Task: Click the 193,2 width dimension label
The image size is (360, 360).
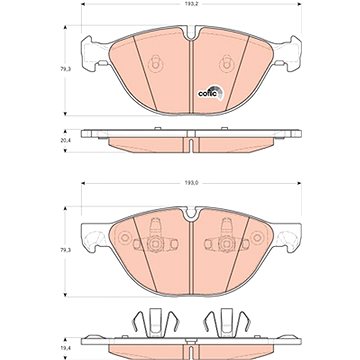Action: point(191,4)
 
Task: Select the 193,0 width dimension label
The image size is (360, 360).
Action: point(191,183)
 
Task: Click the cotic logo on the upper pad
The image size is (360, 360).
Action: point(211,92)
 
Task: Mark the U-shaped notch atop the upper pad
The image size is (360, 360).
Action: point(191,33)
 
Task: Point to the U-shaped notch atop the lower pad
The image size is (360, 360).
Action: point(191,213)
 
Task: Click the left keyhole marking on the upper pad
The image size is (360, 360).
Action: point(155,63)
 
